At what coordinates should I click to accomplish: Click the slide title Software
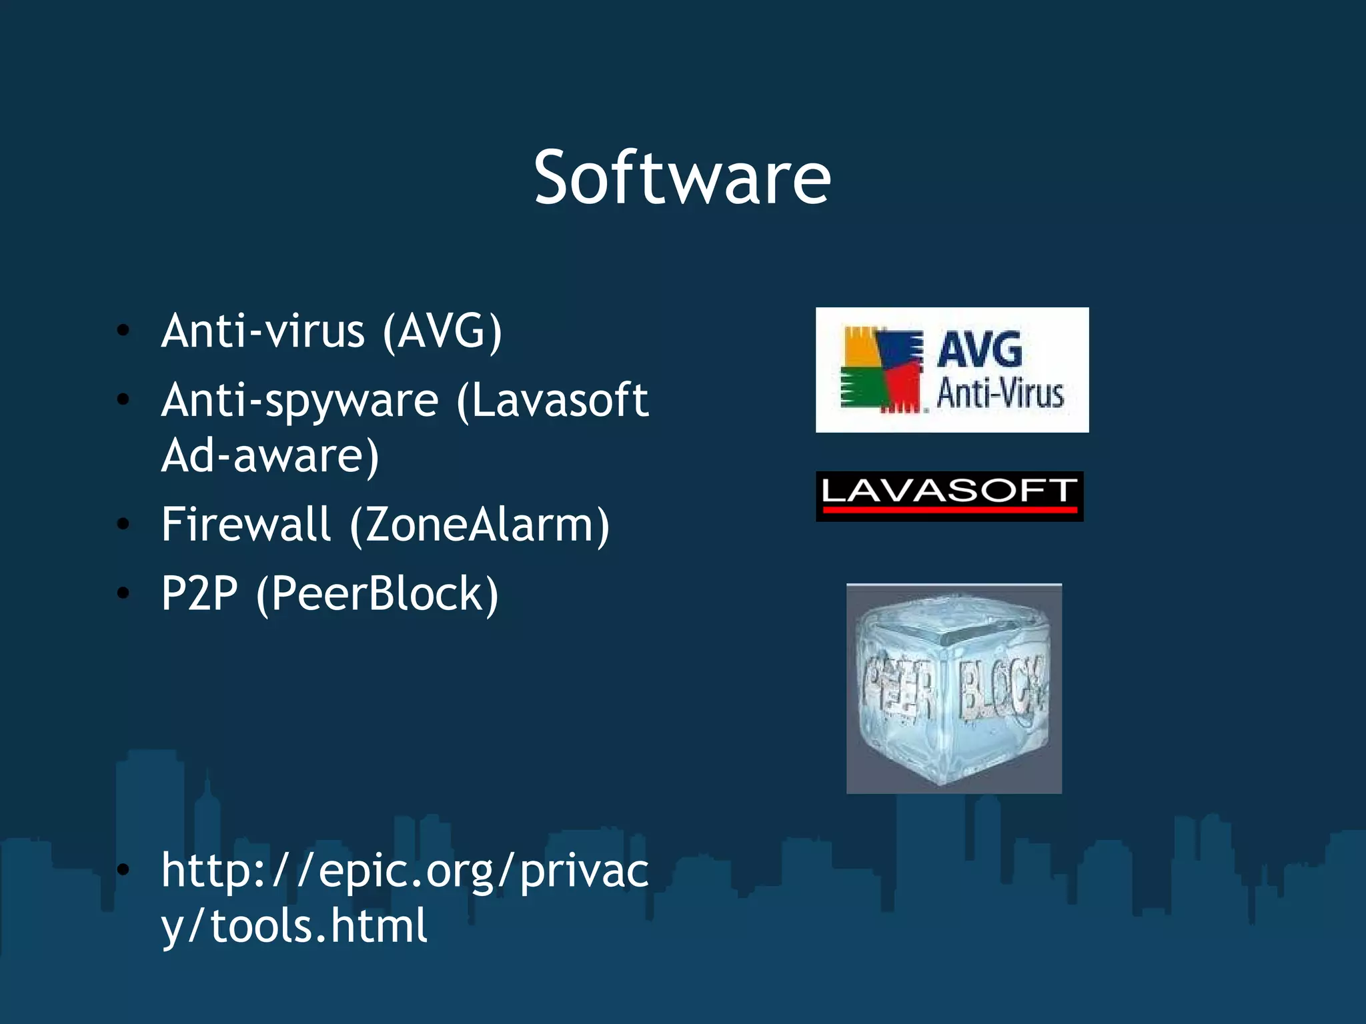tap(682, 178)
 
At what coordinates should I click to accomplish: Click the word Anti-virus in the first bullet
tap(263, 331)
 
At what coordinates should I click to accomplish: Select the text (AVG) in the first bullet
tap(442, 331)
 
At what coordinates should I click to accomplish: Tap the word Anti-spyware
tap(299, 401)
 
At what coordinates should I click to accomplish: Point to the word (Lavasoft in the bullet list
tap(552, 400)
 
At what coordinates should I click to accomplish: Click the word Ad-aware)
tap(270, 456)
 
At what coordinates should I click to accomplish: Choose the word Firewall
tap(246, 524)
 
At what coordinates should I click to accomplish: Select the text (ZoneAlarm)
tap(480, 525)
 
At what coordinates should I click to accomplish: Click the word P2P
tap(199, 593)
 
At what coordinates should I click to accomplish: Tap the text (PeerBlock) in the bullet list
tap(377, 594)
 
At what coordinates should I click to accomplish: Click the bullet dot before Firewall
tap(123, 524)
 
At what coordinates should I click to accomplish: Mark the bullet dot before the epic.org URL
tap(123, 869)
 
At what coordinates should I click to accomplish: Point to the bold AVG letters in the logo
tap(979, 349)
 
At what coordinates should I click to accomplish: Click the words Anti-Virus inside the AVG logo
tap(1000, 393)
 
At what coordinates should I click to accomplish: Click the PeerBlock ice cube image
tap(954, 689)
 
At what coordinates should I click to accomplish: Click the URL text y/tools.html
tap(294, 926)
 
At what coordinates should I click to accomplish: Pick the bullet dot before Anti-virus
tap(123, 331)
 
